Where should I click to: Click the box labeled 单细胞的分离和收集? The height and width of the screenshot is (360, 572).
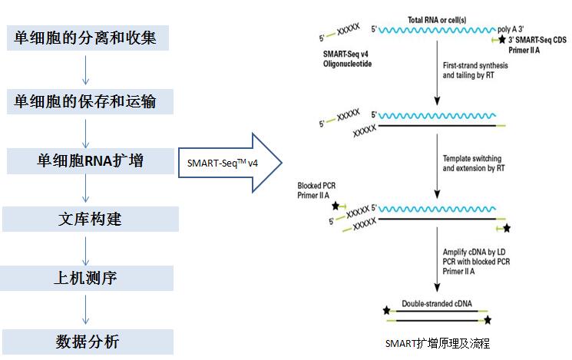click(x=85, y=38)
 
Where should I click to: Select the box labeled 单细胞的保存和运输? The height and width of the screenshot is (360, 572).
click(x=85, y=100)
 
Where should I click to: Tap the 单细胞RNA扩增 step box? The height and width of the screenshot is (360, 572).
click(x=85, y=160)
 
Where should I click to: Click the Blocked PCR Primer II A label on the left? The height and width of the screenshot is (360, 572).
click(x=316, y=191)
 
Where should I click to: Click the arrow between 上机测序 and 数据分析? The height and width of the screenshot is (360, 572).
click(x=85, y=310)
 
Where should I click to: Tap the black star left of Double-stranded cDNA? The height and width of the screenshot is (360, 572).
click(x=387, y=311)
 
